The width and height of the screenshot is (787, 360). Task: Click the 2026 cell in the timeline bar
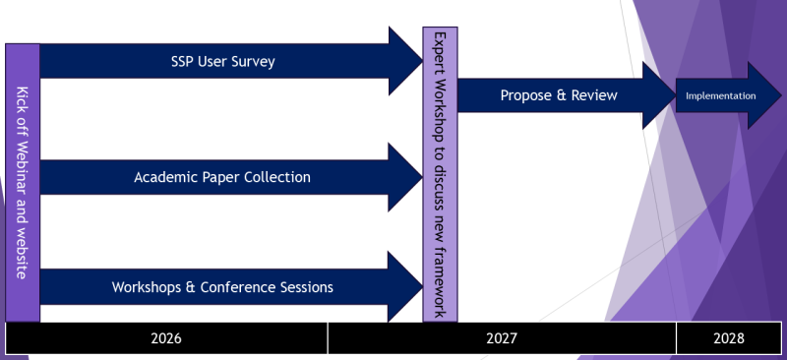166,338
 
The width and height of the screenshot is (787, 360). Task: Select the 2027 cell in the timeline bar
502,338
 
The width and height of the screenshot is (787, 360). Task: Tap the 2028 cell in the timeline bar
730,338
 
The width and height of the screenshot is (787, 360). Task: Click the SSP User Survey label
222,62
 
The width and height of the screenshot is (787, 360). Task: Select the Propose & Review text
559,95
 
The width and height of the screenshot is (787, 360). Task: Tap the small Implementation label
720,95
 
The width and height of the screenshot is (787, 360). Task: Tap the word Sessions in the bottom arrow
302,287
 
